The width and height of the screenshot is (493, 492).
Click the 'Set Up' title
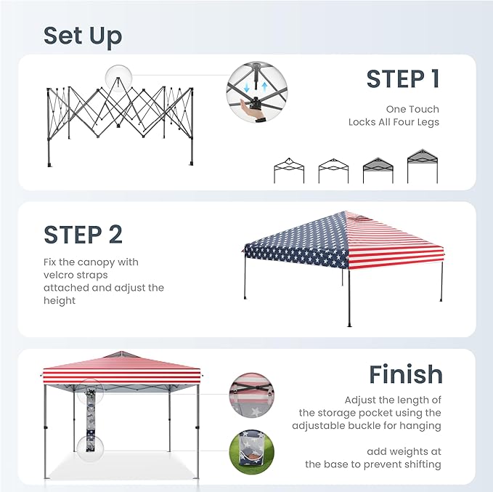[x=83, y=36]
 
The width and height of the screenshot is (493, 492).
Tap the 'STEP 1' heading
[x=402, y=79]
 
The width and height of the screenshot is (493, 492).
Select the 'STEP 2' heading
[x=83, y=235]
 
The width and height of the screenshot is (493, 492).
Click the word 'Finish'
[x=405, y=374]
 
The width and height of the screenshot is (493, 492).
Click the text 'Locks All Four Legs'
[x=394, y=122]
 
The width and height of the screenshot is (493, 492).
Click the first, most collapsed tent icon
[x=288, y=170]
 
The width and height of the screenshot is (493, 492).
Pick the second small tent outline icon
[x=333, y=170]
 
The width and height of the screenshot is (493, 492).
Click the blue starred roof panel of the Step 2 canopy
[x=298, y=236]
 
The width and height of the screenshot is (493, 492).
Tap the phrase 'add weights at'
[x=403, y=451]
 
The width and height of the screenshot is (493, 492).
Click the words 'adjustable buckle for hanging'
[x=367, y=426]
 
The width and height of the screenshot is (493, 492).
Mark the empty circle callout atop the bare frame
[x=119, y=78]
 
